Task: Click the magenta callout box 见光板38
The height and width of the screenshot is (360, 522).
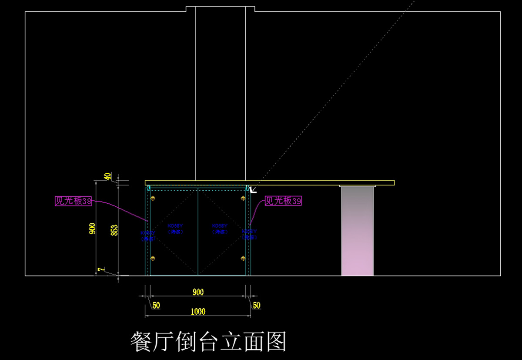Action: [x=73, y=201]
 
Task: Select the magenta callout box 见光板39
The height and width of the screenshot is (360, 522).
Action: [x=283, y=201]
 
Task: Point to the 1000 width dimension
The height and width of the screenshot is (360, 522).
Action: [x=198, y=312]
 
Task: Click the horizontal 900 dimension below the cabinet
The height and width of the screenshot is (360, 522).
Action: [x=198, y=292]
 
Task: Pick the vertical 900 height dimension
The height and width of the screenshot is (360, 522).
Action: [x=92, y=229]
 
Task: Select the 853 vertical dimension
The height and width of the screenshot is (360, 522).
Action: [x=114, y=229]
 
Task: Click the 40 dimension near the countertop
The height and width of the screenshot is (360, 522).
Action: [x=107, y=176]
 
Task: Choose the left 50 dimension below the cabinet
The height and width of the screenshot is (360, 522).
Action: [x=156, y=305]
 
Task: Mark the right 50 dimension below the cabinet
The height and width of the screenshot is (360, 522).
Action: [x=256, y=305]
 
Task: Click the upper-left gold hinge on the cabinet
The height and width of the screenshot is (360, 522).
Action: [x=153, y=199]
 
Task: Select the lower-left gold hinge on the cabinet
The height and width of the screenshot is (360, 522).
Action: [x=153, y=259]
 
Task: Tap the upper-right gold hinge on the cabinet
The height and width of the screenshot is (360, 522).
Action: [x=243, y=199]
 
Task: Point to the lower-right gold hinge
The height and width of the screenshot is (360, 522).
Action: [x=243, y=259]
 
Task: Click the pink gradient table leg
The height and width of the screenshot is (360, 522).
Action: [x=357, y=231]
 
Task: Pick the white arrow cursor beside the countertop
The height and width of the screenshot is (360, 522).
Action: [x=252, y=189]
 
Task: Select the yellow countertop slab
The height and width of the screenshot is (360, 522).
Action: [x=270, y=183]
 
